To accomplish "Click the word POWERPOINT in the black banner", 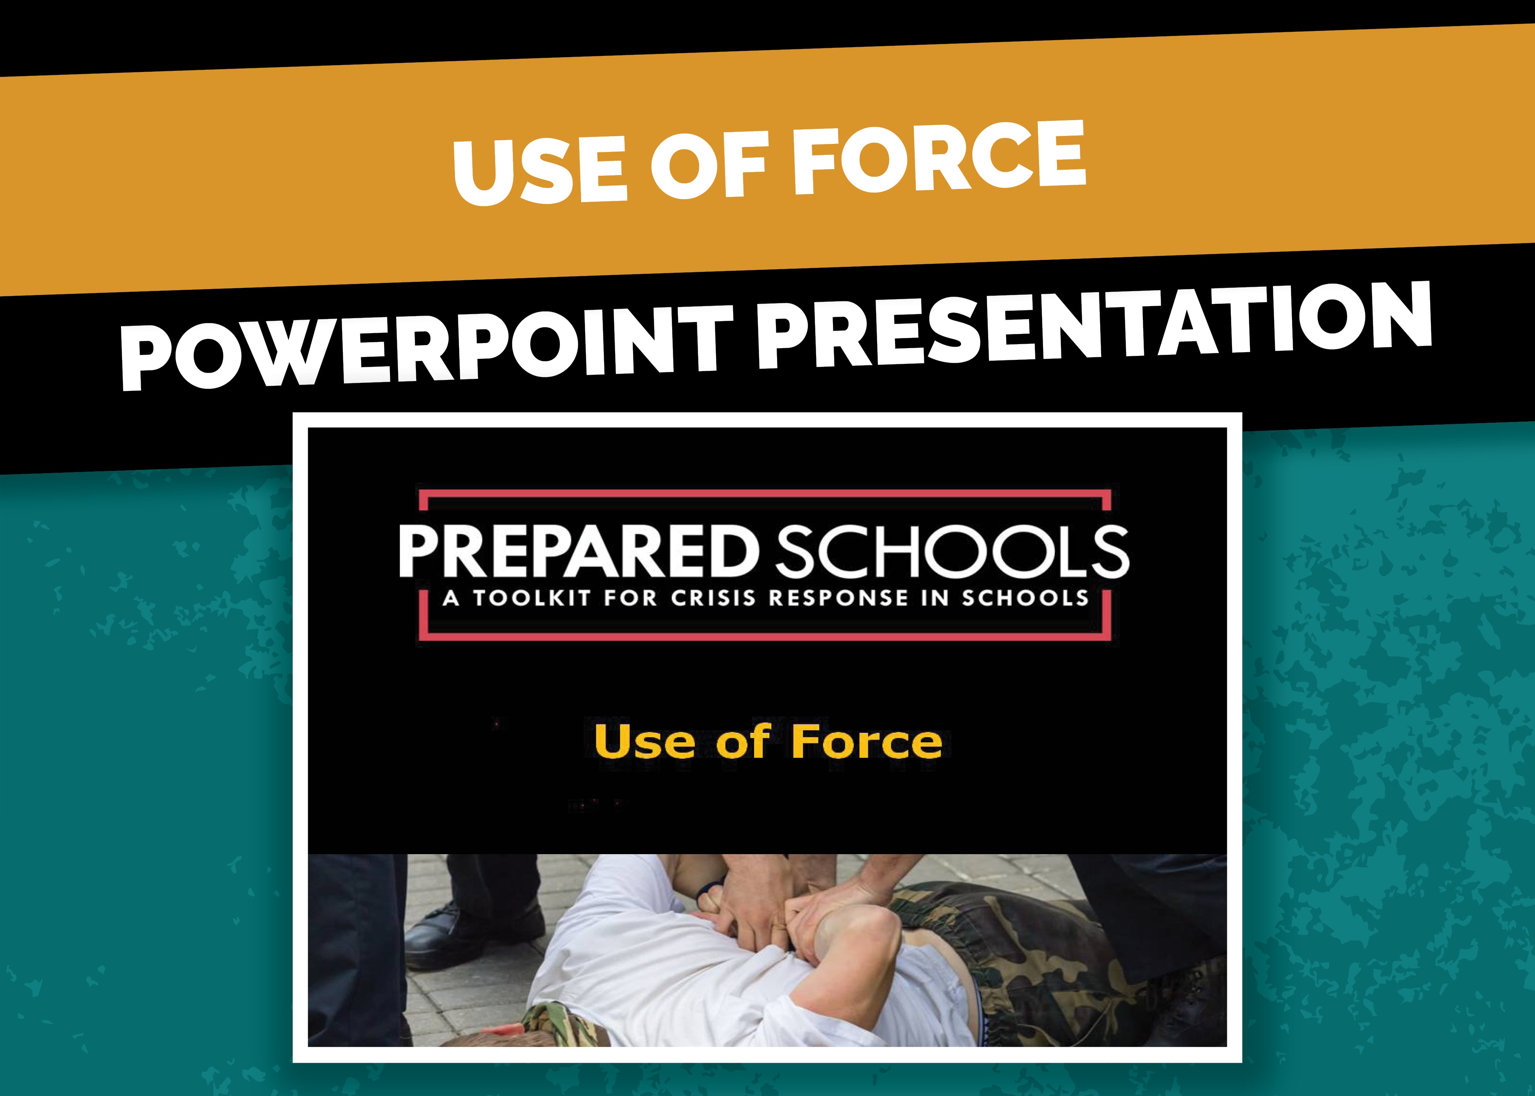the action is pyautogui.click(x=426, y=344).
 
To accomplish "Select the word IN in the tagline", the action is pyautogui.click(x=936, y=599).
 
